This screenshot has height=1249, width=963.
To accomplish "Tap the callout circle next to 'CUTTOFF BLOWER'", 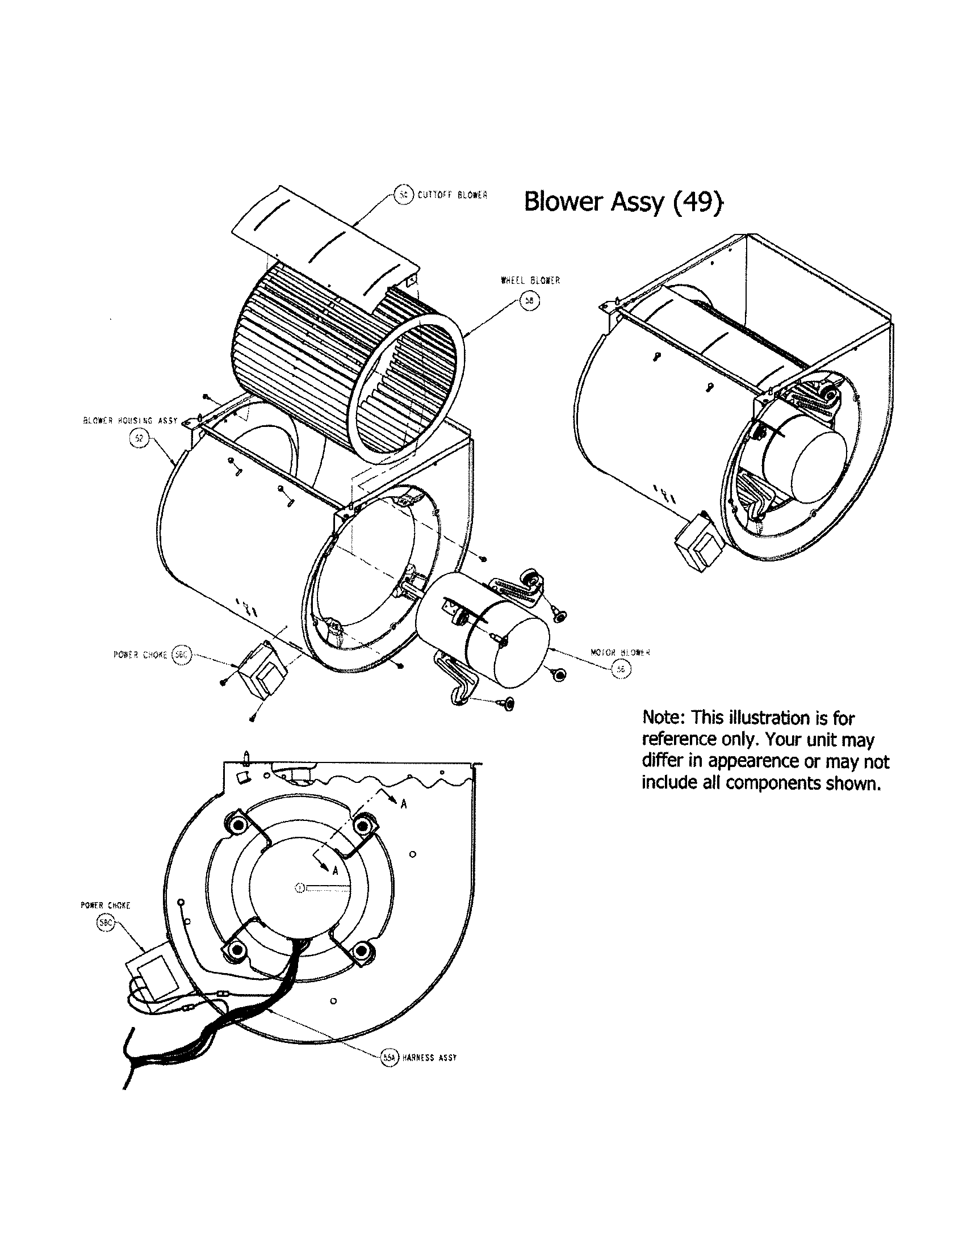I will pos(404,194).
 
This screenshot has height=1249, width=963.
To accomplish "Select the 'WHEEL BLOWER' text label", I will pos(530,281).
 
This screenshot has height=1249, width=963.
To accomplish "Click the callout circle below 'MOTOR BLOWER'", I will pos(621,670).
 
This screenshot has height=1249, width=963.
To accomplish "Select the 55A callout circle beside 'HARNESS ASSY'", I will pos(389,1058).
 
